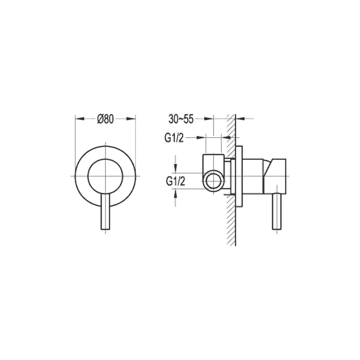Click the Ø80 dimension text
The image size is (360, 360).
coord(105,119)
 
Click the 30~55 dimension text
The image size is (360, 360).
coord(181,119)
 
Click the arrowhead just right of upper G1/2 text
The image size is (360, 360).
coord(203,137)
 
